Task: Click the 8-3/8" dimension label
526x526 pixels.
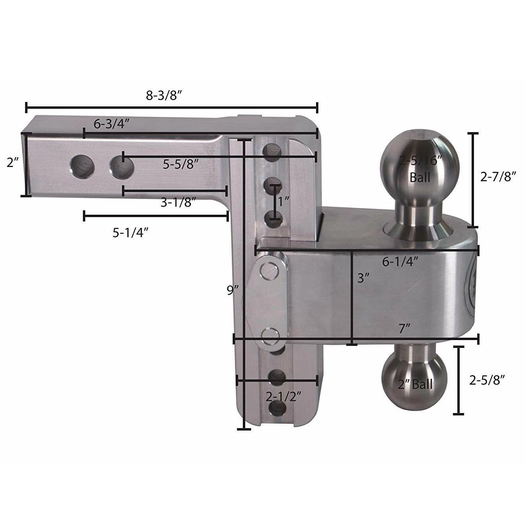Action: pyautogui.click(x=164, y=96)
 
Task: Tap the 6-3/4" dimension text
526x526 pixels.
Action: pyautogui.click(x=111, y=124)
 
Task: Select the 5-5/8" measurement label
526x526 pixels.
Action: pyautogui.click(x=180, y=164)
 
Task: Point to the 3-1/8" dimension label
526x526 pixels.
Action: pyautogui.click(x=178, y=203)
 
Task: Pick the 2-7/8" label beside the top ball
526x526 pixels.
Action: pyautogui.click(x=498, y=177)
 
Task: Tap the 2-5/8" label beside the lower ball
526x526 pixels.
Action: pyautogui.click(x=487, y=380)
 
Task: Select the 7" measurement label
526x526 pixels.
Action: pyautogui.click(x=404, y=329)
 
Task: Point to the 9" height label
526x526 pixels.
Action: pyautogui.click(x=233, y=290)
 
